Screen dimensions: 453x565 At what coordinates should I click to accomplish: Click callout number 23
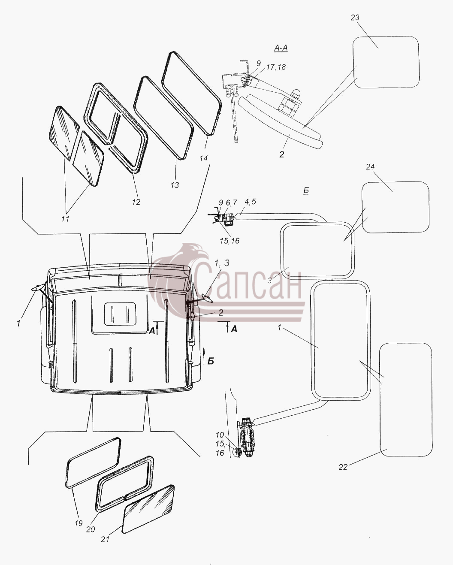[355, 18]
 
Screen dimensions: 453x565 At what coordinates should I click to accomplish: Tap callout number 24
[370, 167]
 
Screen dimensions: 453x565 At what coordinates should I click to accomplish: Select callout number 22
[343, 467]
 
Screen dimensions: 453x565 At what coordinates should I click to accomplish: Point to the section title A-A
[281, 48]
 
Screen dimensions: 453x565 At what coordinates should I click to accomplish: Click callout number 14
[203, 158]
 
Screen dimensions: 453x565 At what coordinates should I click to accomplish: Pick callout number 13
[175, 185]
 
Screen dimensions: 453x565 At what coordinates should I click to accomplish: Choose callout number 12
[136, 202]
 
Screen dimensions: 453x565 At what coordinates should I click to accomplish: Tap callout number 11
[65, 219]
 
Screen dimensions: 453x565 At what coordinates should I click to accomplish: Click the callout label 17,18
[276, 67]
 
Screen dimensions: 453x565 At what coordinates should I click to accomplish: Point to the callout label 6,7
[232, 202]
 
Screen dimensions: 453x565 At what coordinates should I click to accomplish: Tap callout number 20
[91, 529]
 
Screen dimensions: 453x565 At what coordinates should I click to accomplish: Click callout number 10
[220, 435]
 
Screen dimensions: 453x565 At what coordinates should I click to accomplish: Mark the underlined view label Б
[306, 191]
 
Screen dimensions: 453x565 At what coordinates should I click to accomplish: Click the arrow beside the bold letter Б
[204, 356]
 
